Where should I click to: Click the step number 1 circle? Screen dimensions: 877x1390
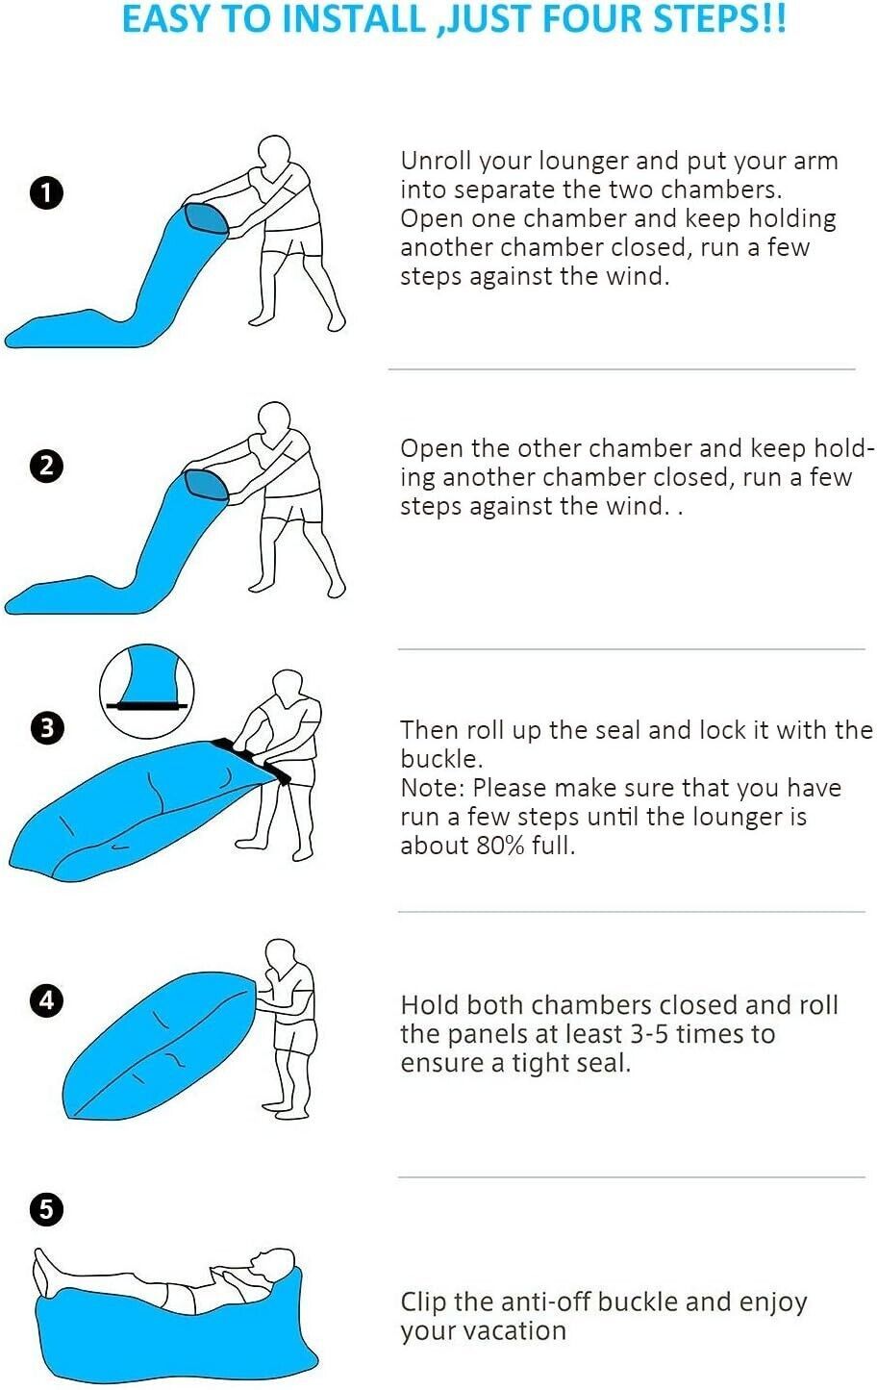click(46, 193)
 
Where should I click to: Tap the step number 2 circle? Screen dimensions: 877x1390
click(46, 466)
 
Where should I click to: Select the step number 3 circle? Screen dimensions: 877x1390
click(46, 728)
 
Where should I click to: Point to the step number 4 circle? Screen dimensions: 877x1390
click(46, 1000)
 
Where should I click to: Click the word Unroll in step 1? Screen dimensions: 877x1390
click(436, 161)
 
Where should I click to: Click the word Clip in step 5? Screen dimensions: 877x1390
click(423, 1302)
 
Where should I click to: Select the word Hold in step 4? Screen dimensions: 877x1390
click(429, 1005)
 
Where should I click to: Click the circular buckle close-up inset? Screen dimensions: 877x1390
click(147, 691)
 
